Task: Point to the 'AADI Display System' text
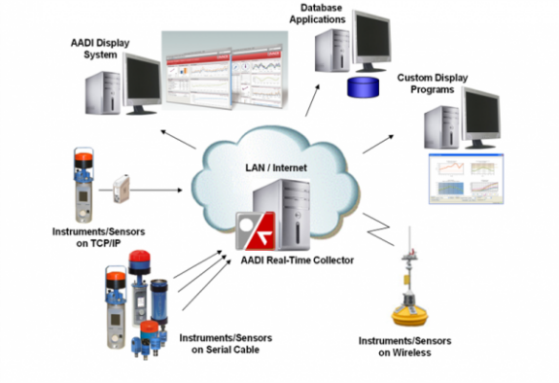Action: (100, 50)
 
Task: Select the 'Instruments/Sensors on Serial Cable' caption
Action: (219, 344)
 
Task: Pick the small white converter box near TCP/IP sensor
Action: (122, 187)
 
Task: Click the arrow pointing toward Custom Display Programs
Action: (378, 144)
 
